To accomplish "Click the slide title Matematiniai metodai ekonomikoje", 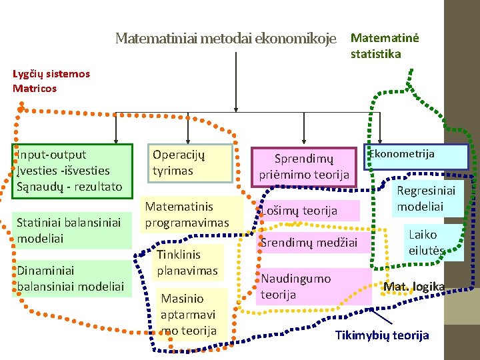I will click(225, 38).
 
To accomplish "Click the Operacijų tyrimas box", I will click(190, 163).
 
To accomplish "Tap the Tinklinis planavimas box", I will click(187, 262).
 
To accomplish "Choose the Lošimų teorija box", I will click(307, 211).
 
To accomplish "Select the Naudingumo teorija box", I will click(312, 286).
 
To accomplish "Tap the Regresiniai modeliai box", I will click(426, 199).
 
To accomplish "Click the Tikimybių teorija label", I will click(382, 335).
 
